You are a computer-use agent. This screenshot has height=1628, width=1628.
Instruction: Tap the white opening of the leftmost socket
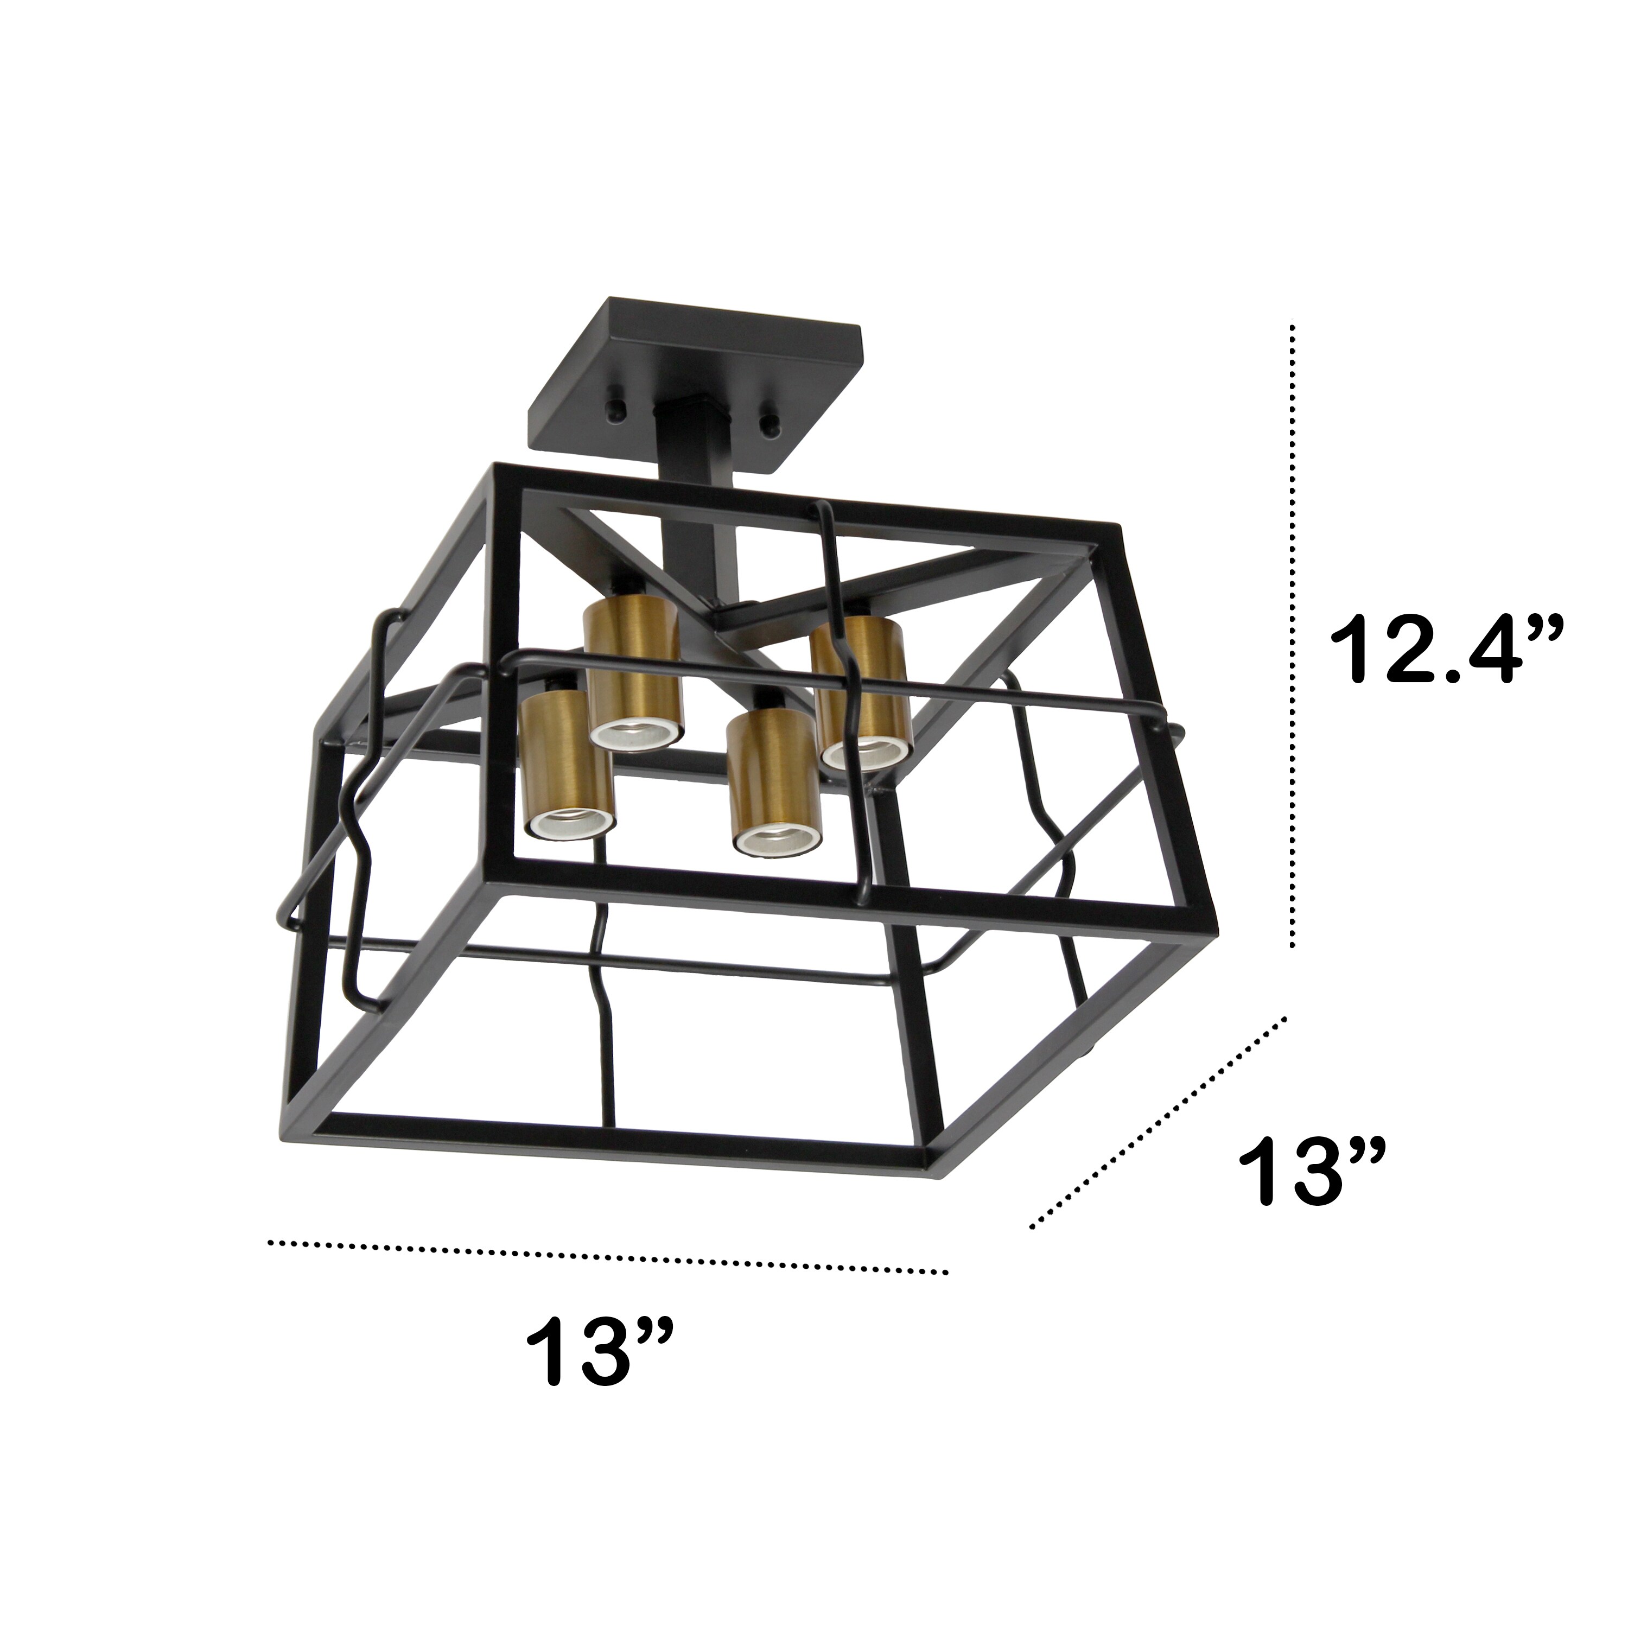570,826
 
